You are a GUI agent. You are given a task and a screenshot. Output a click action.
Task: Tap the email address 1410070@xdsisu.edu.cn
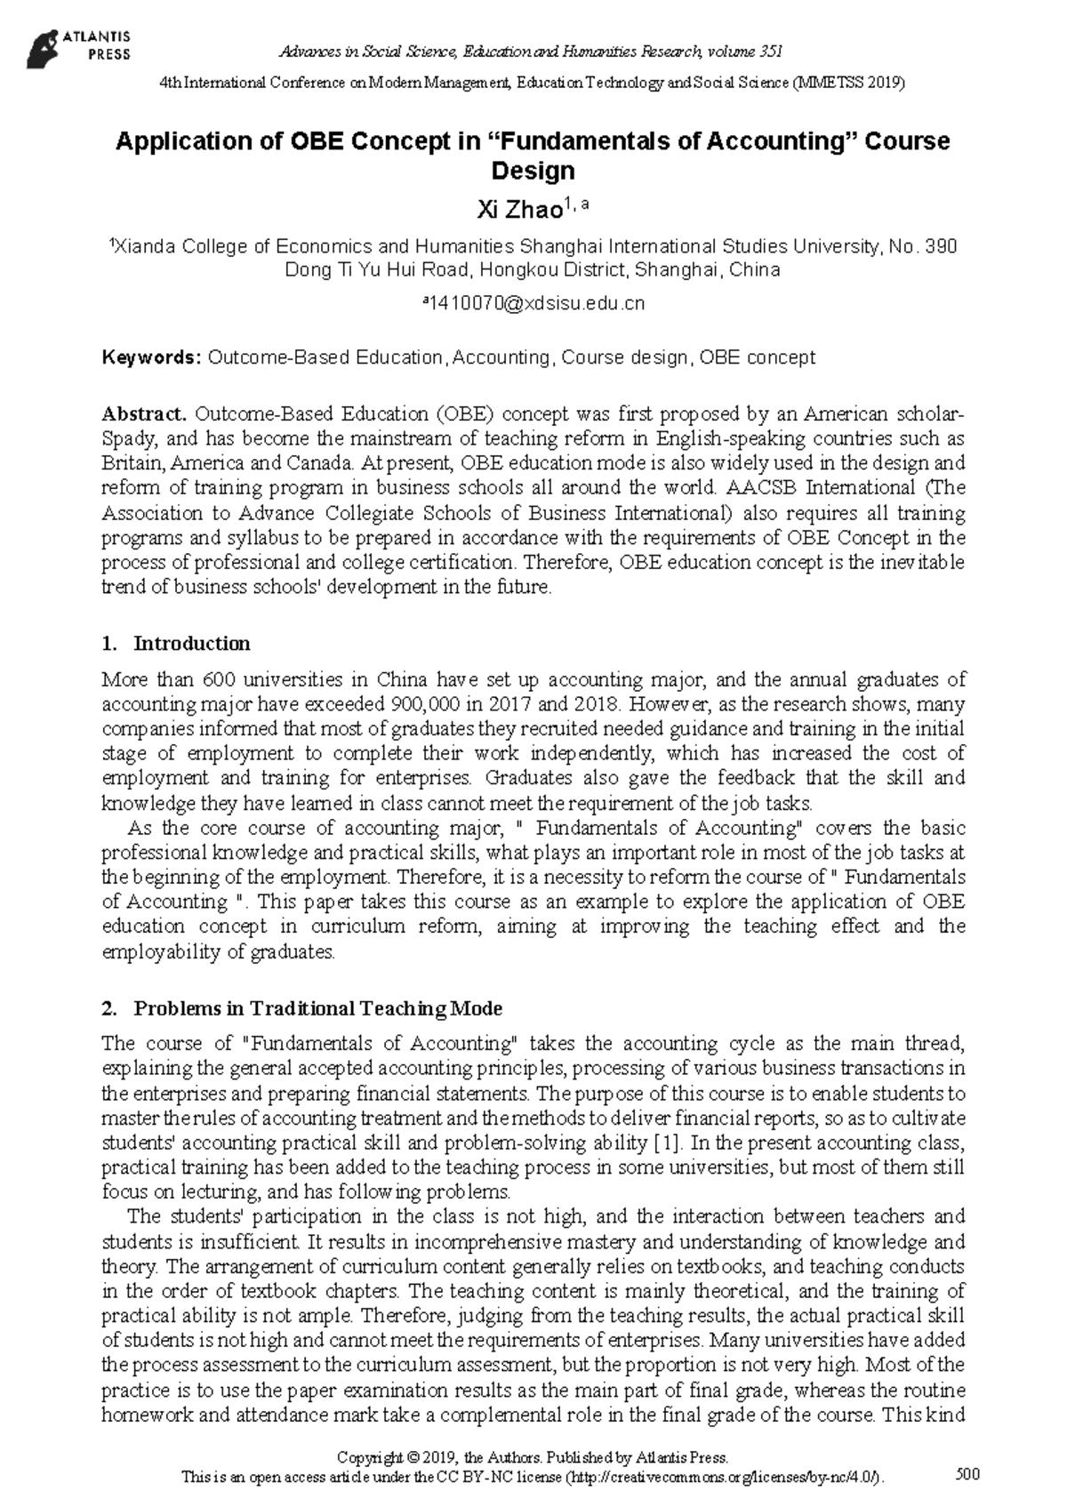click(536, 303)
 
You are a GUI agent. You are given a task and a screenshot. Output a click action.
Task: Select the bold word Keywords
click(152, 357)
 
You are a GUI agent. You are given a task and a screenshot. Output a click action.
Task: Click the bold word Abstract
click(144, 413)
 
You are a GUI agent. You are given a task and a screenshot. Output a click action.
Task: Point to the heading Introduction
click(191, 644)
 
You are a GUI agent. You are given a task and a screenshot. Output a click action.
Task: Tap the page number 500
click(967, 1474)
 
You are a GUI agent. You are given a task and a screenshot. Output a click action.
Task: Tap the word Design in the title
click(533, 171)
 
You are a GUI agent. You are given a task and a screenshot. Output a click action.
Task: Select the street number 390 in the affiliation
click(941, 246)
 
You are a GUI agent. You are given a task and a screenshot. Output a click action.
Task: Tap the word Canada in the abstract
click(321, 463)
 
